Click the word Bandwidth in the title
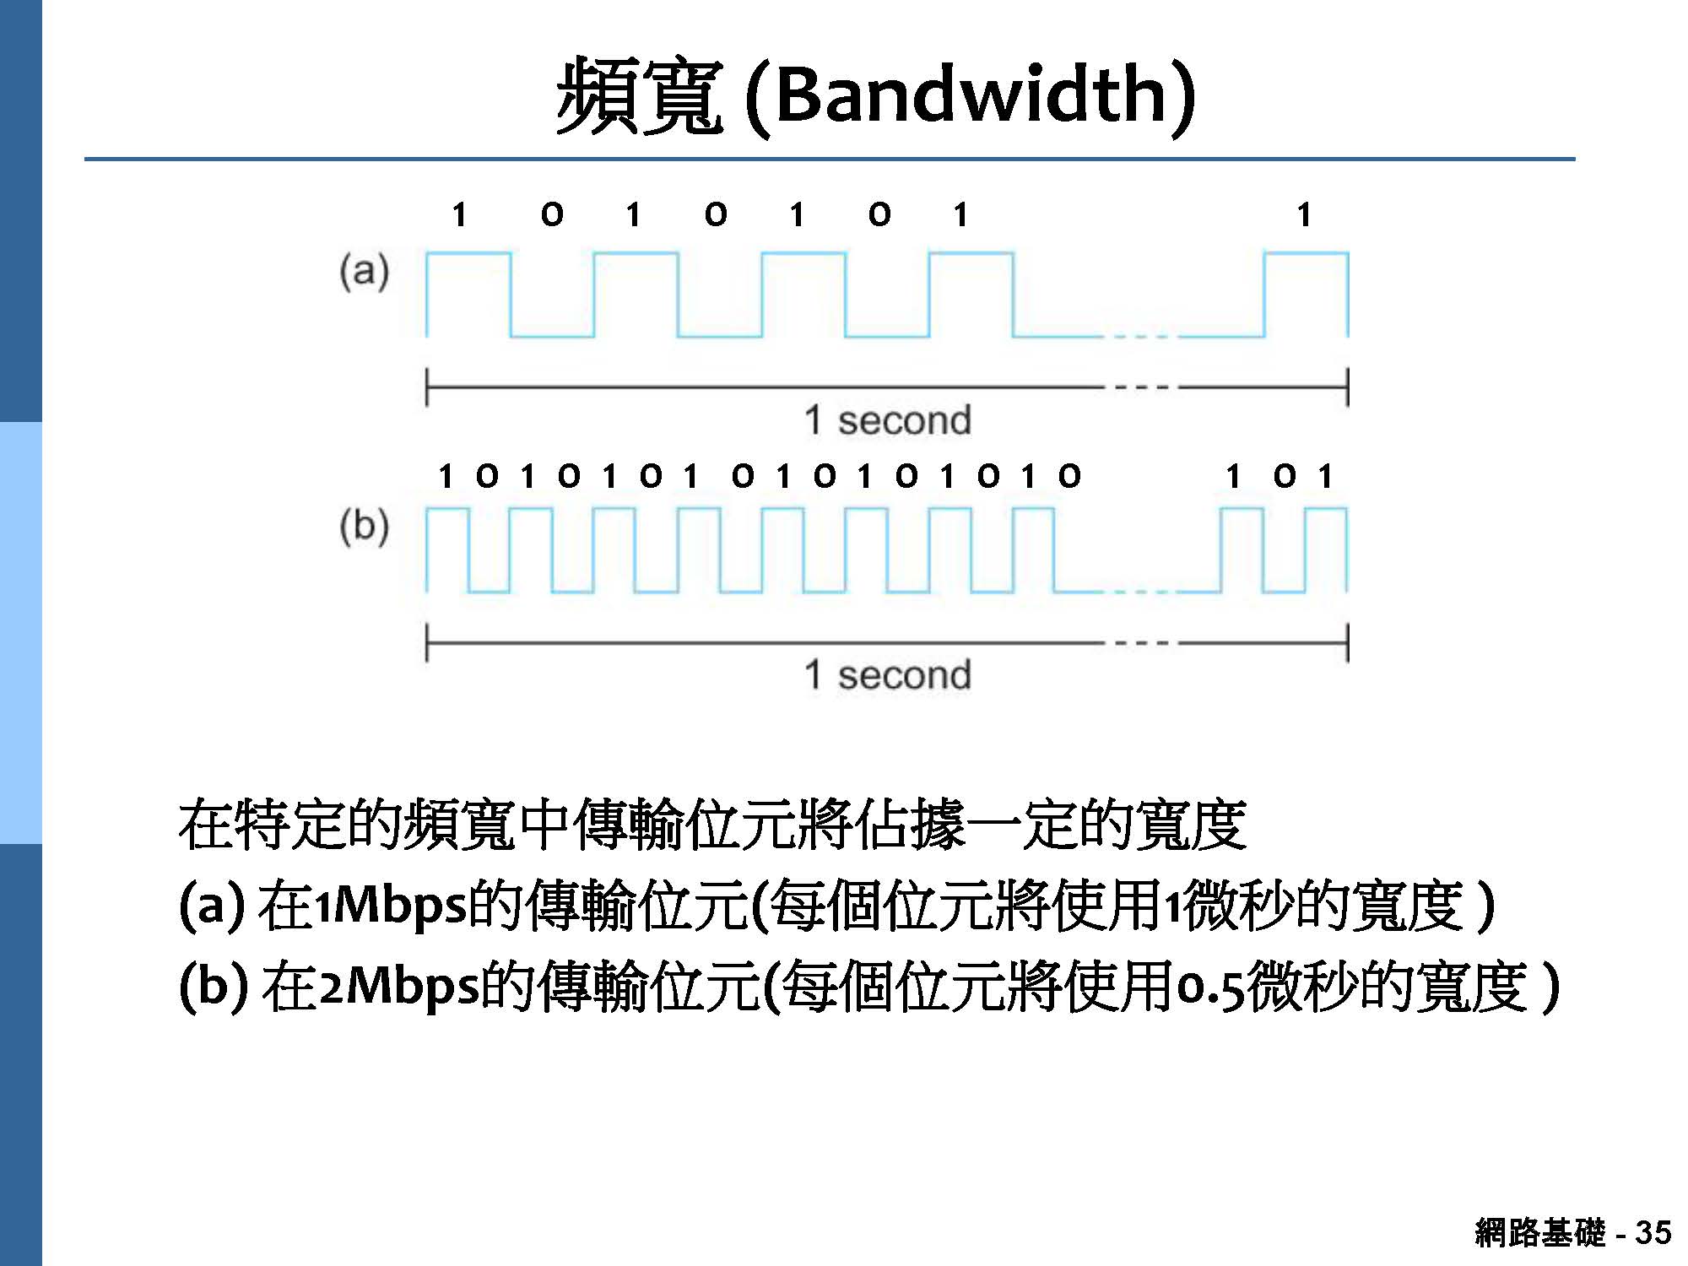[971, 95]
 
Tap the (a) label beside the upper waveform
[364, 272]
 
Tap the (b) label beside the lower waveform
[364, 527]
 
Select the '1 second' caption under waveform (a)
[887, 420]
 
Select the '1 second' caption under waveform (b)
[887, 675]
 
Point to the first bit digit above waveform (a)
[459, 215]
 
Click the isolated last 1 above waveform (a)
[1304, 215]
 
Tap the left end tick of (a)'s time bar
[427, 387]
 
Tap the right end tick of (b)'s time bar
[1347, 643]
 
